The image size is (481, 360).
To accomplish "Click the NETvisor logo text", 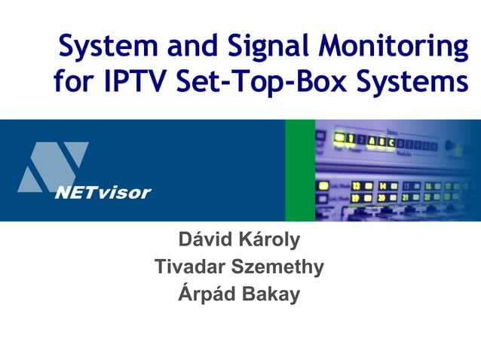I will (103, 192).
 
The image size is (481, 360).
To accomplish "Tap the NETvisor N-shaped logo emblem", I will (53, 167).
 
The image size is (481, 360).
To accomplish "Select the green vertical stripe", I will (299, 170).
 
